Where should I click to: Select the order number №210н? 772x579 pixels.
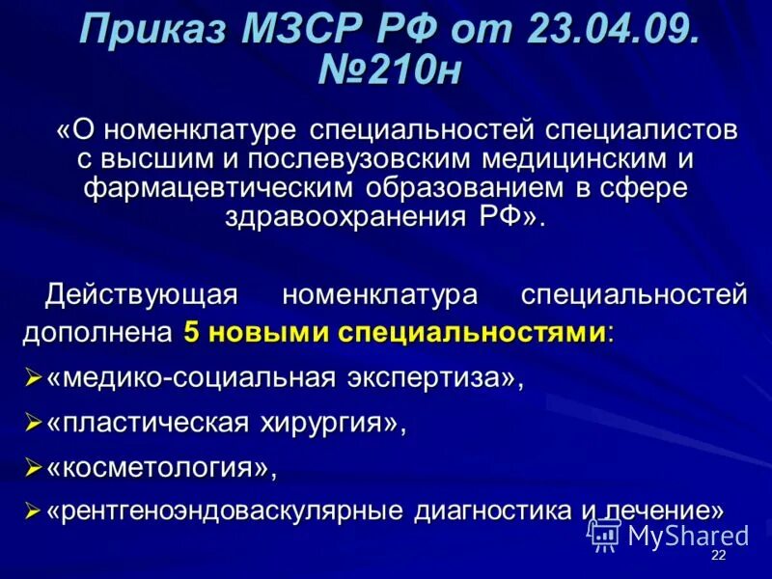click(390, 73)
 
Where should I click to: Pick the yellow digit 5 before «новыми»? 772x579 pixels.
click(191, 333)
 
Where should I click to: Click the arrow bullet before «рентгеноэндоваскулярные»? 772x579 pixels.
click(32, 510)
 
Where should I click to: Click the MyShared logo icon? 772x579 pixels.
click(604, 535)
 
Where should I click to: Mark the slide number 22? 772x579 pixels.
click(718, 557)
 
